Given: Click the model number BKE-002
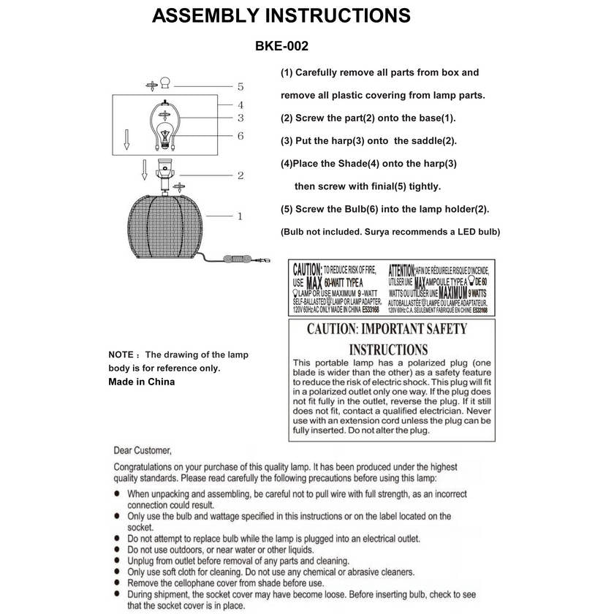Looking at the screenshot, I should tap(281, 46).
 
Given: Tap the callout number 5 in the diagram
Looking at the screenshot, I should tap(240, 86).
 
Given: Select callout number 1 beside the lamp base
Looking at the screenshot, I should tap(240, 216).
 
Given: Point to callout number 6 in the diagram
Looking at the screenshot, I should tap(240, 136).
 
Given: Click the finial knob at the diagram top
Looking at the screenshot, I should tap(165, 83).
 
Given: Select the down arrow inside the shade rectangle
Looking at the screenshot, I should tap(126, 139).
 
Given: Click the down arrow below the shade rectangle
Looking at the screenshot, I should tap(145, 171).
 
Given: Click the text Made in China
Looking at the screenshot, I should tap(141, 382).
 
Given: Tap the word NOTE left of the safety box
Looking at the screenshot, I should tap(121, 355).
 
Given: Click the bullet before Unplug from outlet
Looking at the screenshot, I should tap(118, 561).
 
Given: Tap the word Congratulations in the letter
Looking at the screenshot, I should tap(148, 467).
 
